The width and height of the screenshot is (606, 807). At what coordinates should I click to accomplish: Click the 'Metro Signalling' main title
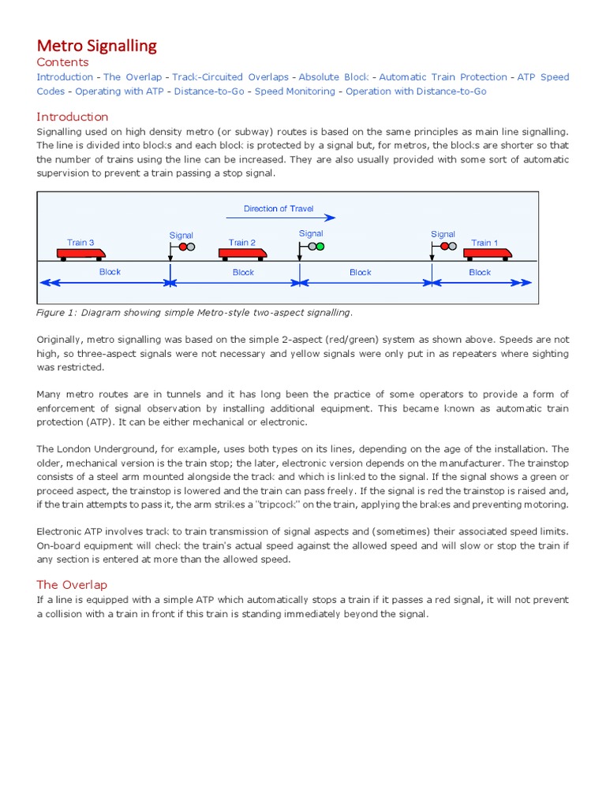point(97,46)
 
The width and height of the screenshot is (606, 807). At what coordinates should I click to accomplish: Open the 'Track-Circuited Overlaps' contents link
point(230,77)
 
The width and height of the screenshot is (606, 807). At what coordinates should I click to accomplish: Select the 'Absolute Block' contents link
point(334,77)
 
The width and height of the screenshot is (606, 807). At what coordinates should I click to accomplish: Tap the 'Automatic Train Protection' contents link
point(443,77)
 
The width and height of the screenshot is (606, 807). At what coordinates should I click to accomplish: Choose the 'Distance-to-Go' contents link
point(210,91)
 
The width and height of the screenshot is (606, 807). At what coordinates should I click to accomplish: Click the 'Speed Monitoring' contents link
point(294,91)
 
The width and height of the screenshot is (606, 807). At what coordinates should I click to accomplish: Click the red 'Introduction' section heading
point(73,117)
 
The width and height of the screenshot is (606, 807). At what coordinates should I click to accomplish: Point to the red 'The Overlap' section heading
point(72,585)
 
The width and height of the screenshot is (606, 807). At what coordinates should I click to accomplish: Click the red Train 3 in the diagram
point(81,253)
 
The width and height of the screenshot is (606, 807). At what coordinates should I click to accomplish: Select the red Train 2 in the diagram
point(242,253)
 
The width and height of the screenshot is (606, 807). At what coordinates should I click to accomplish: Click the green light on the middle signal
point(320,246)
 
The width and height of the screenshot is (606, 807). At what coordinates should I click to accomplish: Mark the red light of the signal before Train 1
point(444,246)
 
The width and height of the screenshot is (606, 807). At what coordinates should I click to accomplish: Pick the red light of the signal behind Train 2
point(182,247)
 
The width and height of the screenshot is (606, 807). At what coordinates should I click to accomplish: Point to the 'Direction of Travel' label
point(279,209)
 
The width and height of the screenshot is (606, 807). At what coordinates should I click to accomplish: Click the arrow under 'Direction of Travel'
point(280,218)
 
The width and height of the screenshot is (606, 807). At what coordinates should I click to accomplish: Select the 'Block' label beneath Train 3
point(110,272)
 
